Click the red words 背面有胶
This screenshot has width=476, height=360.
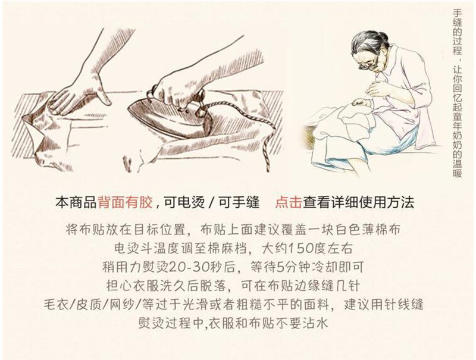point(126,203)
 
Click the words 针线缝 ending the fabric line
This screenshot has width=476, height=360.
point(403,305)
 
